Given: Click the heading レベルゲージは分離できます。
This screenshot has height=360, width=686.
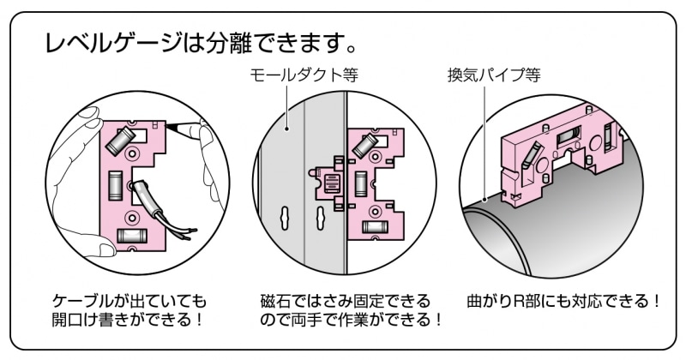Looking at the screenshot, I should tap(200, 42).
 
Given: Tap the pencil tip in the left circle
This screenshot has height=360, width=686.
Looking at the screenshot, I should tap(172, 127).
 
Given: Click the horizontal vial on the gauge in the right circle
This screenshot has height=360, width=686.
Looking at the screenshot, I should tap(568, 136).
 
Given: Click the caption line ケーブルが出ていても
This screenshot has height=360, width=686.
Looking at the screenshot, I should tap(129, 302).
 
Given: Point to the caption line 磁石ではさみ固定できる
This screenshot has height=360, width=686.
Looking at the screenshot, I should tap(345, 302).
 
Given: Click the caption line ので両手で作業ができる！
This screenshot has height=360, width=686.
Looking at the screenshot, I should tap(352, 321).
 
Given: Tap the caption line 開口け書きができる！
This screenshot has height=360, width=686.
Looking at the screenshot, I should tap(129, 321).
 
